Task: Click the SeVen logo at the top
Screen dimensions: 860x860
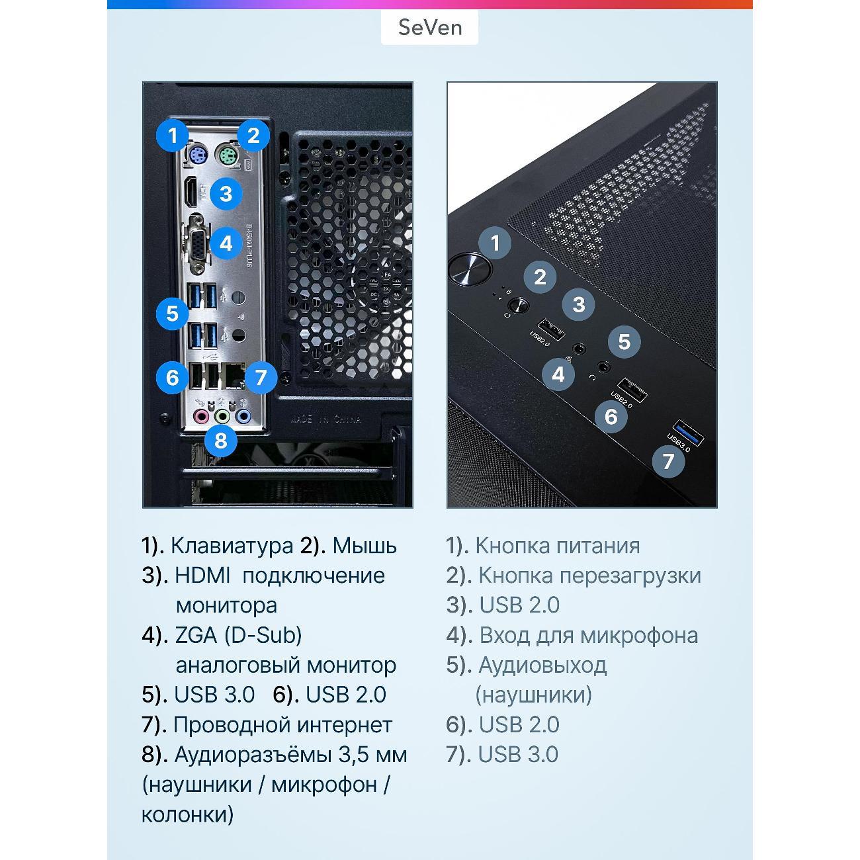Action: (x=430, y=28)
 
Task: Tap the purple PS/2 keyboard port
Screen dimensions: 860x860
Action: (x=196, y=155)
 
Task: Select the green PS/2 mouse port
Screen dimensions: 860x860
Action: (x=227, y=156)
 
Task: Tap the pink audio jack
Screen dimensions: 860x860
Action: (x=202, y=416)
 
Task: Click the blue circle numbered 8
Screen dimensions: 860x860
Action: (x=221, y=441)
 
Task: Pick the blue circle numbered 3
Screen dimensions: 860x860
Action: (x=226, y=194)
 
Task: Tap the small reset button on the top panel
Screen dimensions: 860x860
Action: (x=518, y=306)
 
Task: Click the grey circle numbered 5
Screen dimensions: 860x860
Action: (x=624, y=342)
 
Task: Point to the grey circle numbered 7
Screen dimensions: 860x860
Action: (x=667, y=462)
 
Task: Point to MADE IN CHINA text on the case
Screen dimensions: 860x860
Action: (x=325, y=419)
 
